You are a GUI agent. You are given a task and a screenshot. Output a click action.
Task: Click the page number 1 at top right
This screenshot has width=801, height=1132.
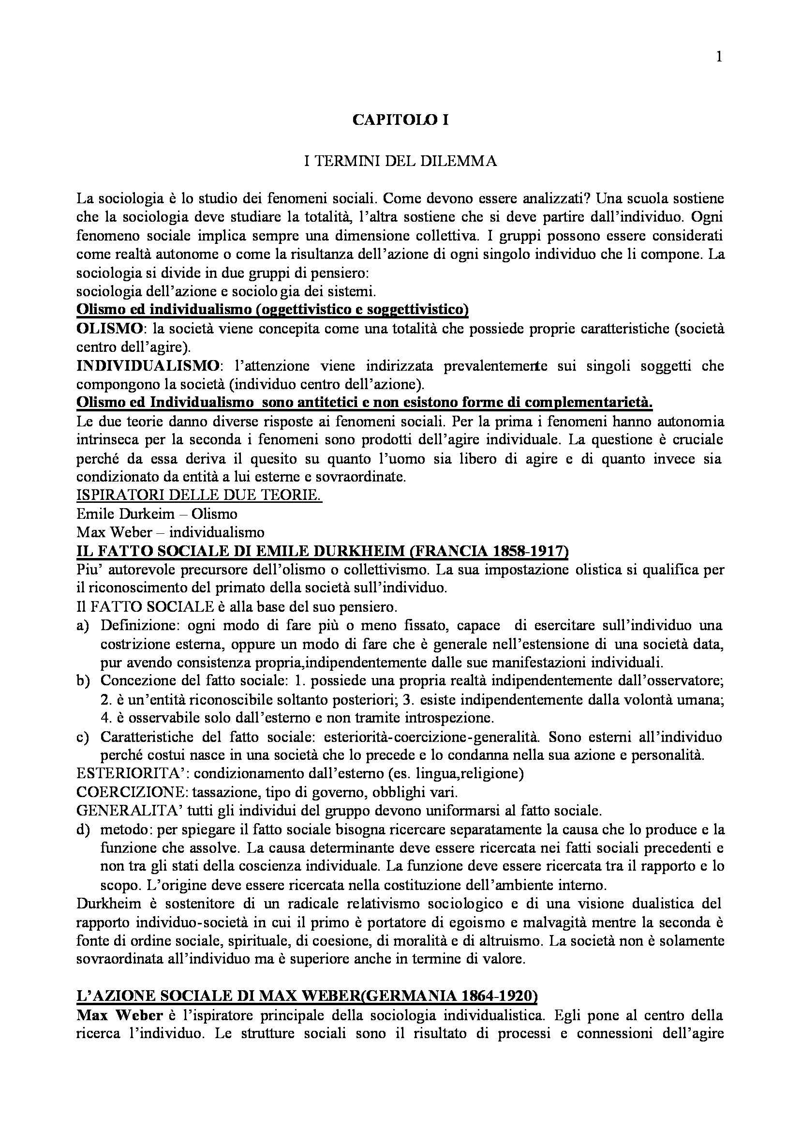pyautogui.click(x=719, y=57)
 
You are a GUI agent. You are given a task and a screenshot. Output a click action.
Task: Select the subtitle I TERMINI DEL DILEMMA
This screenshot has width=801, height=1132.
pyautogui.click(x=400, y=161)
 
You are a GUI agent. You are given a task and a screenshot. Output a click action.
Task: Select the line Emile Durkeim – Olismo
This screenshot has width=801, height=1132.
pyautogui.click(x=157, y=513)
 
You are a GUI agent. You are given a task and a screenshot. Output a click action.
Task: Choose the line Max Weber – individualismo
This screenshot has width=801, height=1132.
pyautogui.click(x=170, y=532)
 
